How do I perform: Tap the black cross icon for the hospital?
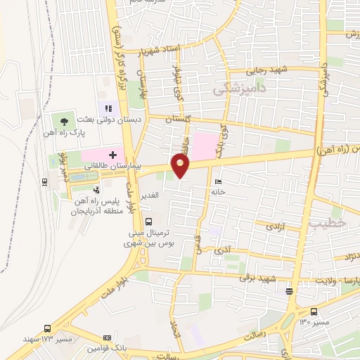click(112, 153)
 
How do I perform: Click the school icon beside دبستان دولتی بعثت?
click(108, 108)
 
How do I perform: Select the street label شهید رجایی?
click(268, 70)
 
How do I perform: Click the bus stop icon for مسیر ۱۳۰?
click(314, 311)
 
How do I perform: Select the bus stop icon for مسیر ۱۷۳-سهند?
click(47, 328)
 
